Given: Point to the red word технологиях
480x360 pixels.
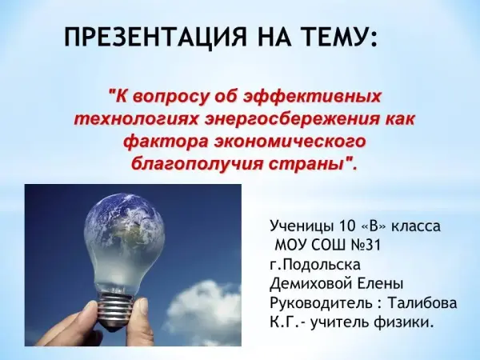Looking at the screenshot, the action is [x=137, y=119].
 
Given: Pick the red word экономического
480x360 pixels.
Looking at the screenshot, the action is [x=290, y=142].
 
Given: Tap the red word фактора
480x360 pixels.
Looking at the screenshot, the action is [x=167, y=142].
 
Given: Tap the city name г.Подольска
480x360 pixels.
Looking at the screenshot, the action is [x=315, y=265].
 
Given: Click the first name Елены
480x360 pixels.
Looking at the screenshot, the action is [x=380, y=284].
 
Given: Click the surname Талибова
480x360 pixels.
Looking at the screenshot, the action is [x=422, y=303].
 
